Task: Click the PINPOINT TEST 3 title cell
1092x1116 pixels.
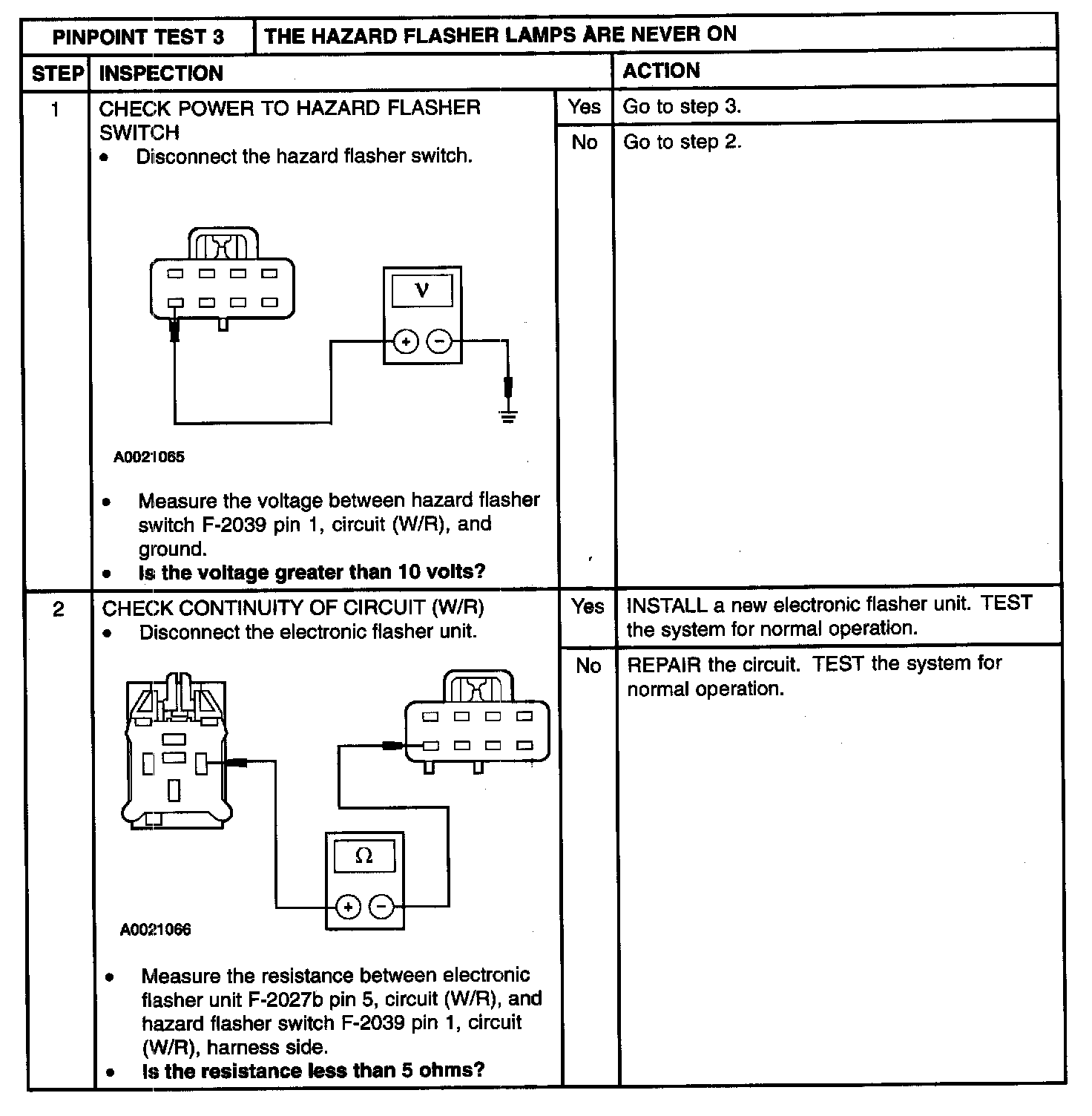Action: coord(138,37)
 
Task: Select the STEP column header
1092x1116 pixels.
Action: coord(57,73)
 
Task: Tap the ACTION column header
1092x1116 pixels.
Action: coord(661,71)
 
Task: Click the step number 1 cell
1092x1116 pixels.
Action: coord(55,110)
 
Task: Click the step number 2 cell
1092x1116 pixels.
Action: coord(59,609)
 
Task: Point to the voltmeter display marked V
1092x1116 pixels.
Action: coord(422,290)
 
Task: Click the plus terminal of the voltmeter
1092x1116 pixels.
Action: coord(406,341)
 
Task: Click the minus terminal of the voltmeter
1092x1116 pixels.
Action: coord(439,341)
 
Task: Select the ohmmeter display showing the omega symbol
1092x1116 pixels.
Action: coord(364,856)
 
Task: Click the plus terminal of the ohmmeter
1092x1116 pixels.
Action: coord(349,906)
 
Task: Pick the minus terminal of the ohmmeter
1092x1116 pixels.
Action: coord(382,906)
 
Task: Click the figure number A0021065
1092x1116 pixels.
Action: coord(149,457)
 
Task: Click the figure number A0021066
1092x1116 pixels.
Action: coord(155,930)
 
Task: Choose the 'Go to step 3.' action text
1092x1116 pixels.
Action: coord(682,107)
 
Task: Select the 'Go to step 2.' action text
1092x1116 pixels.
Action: coord(682,142)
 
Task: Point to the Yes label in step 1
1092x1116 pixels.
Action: coord(585,107)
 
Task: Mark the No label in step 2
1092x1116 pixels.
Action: coord(588,666)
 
